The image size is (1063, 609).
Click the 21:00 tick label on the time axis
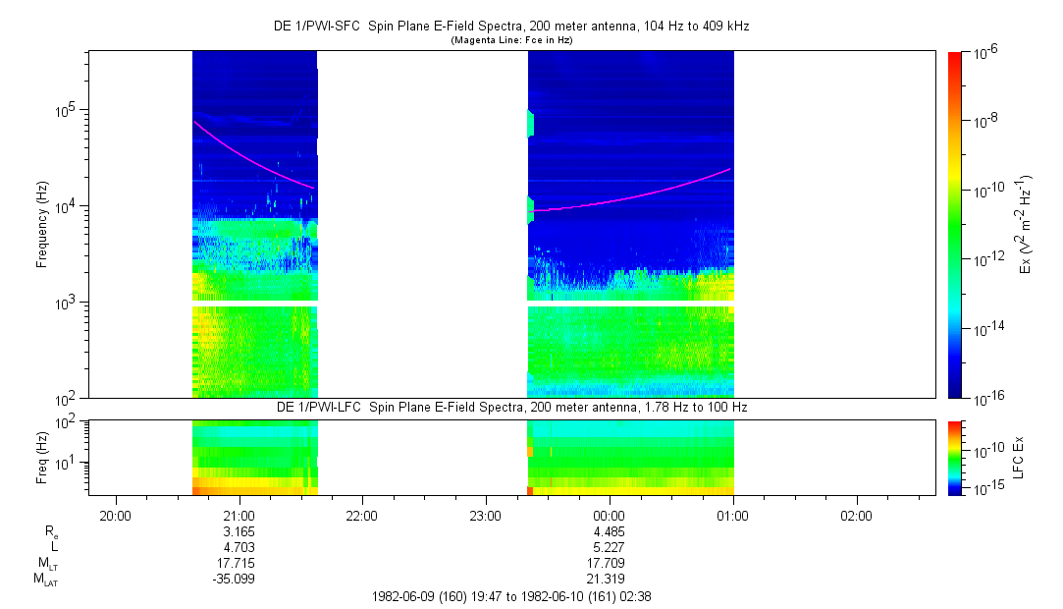tap(239, 516)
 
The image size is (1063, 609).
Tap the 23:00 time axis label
tap(486, 516)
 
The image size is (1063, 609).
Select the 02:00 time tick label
tap(856, 516)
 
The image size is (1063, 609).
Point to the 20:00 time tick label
tap(115, 516)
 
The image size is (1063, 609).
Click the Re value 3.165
tap(239, 531)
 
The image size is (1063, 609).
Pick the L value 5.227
tap(609, 547)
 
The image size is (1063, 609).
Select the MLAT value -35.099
tap(234, 580)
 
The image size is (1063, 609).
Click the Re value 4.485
tap(609, 531)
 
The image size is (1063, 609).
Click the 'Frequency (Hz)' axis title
tap(42, 225)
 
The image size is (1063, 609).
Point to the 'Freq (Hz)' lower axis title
tap(42, 458)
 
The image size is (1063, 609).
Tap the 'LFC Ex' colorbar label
tap(1018, 458)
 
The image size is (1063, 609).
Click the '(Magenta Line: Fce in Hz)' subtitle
tap(511, 40)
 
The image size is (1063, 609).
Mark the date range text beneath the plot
tap(511, 597)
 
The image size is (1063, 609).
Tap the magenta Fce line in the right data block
tap(630, 196)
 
